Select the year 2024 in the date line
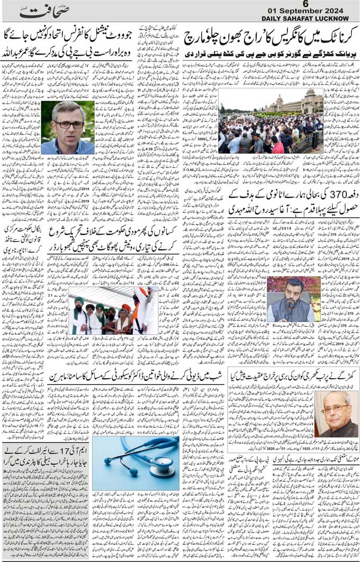[x=334, y=11]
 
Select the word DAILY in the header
[x=272, y=19]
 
